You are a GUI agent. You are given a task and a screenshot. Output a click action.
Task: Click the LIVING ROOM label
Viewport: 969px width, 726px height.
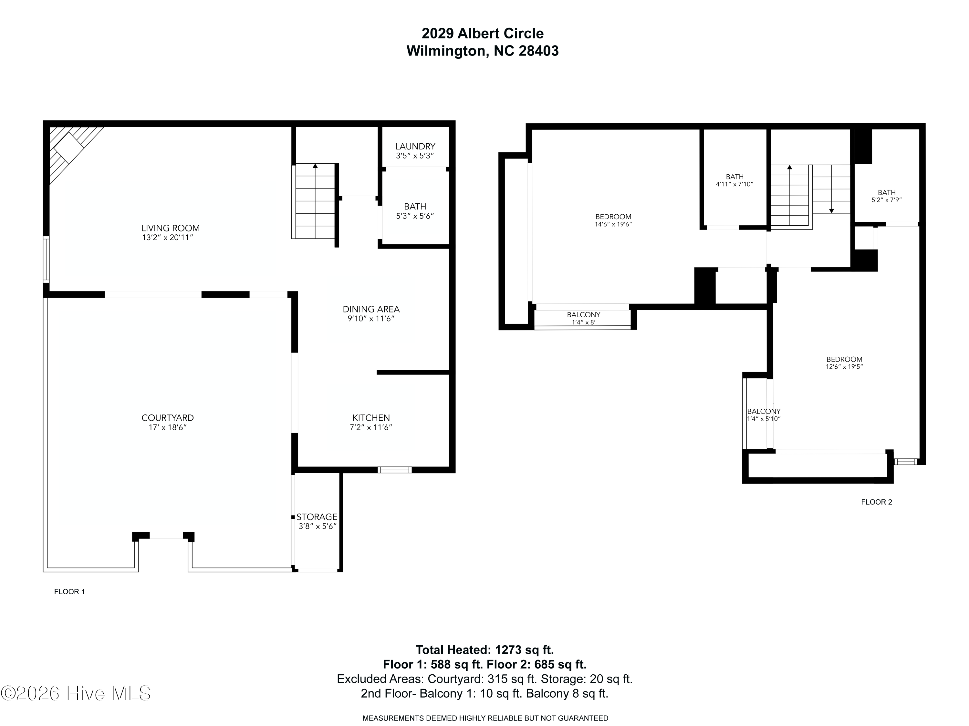point(171,228)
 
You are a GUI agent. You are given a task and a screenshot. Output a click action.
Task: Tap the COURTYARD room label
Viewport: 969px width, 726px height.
point(168,418)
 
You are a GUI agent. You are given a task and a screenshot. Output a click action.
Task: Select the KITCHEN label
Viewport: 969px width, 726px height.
point(371,418)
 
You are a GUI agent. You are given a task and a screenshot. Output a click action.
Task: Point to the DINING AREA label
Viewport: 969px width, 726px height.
point(371,309)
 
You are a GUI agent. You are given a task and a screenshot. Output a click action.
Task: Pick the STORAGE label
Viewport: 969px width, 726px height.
point(317,517)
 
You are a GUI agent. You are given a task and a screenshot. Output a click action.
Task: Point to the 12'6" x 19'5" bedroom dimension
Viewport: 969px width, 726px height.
point(844,367)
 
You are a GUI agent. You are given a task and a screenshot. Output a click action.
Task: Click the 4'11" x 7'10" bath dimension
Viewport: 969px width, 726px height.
point(735,184)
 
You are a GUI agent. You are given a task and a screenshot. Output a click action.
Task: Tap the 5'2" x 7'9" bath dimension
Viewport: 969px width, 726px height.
point(887,200)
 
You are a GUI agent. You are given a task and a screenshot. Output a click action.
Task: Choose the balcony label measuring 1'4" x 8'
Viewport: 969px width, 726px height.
point(584,315)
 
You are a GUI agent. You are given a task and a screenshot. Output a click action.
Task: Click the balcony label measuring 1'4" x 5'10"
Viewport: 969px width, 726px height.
point(764,412)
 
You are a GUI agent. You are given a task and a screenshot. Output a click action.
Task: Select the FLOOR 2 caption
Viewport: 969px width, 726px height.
point(877,502)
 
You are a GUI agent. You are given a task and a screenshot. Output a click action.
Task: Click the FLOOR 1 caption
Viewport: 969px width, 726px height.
point(69,592)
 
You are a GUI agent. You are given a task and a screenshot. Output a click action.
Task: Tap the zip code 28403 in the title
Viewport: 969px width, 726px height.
point(538,51)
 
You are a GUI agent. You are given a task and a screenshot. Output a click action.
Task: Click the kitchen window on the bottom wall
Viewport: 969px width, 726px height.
point(394,470)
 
